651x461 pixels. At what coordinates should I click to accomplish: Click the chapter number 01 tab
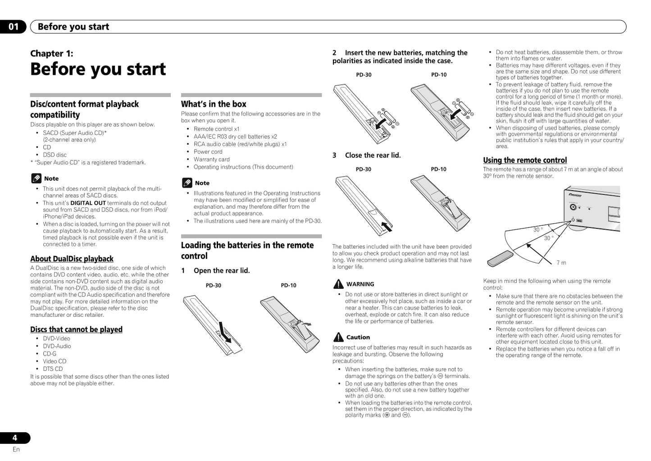(x=14, y=27)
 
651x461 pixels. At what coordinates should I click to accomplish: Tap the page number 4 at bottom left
(x=15, y=438)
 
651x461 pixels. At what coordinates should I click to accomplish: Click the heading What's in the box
(x=214, y=104)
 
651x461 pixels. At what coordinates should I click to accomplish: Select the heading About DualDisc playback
(x=72, y=259)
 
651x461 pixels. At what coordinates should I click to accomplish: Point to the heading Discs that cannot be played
(x=76, y=329)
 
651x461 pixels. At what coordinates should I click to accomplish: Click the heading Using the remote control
(x=525, y=160)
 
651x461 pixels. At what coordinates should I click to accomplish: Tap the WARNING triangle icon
(x=338, y=284)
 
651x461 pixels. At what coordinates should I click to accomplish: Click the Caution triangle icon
(x=338, y=337)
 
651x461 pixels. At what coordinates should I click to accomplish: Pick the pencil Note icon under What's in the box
(x=187, y=183)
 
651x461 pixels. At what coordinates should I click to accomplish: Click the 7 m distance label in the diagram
(x=561, y=263)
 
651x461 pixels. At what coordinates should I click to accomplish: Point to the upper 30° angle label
(x=538, y=230)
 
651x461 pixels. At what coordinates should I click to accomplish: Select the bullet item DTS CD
(x=53, y=369)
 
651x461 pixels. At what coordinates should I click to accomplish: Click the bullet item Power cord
(x=208, y=152)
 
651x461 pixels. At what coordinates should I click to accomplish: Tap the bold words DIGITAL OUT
(x=88, y=203)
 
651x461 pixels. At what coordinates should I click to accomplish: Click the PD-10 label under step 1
(x=288, y=285)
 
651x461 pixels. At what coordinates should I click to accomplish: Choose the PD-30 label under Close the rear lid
(x=364, y=169)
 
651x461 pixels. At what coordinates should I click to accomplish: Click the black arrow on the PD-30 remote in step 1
(x=224, y=332)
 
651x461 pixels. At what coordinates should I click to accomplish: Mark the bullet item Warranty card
(x=211, y=160)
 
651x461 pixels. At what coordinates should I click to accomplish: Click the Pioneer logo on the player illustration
(x=575, y=196)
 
